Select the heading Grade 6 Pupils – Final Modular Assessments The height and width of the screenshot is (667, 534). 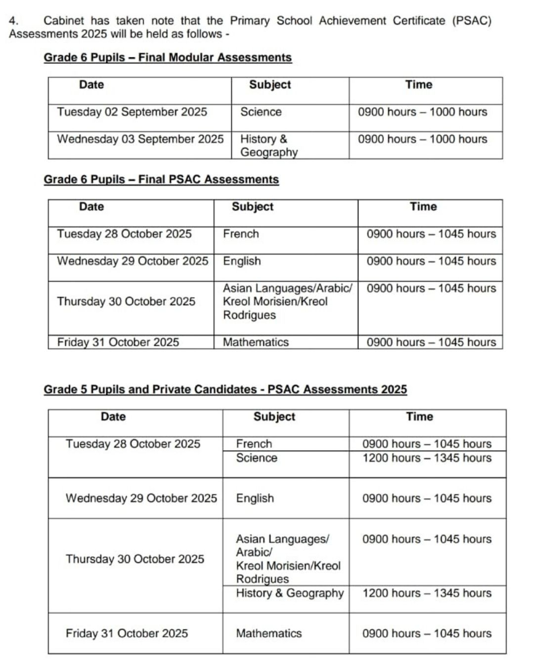pos(168,57)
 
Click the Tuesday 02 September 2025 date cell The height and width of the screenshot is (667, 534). pos(132,112)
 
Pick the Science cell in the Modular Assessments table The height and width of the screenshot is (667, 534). pos(261,112)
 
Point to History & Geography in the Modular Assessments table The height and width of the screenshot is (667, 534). pos(268,145)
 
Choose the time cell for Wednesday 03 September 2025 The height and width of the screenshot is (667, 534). pos(422,139)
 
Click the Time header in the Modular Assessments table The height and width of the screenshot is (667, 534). pos(419,85)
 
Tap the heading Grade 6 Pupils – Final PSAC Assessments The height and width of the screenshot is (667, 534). pos(161,179)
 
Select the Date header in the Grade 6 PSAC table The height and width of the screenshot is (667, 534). pos(91,207)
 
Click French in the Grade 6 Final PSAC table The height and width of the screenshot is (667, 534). pos(241,234)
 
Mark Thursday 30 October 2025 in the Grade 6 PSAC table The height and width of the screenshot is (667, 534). pos(126,301)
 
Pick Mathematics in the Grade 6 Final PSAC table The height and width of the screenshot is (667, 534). pos(256,342)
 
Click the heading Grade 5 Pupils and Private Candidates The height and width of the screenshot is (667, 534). pos(225,389)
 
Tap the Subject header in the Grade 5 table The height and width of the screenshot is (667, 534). pos(274,417)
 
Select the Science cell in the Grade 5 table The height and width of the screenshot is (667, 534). pos(257,458)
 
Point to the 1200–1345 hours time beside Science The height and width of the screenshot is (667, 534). pos(427,458)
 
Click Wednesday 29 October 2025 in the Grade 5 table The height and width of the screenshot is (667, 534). pos(141,498)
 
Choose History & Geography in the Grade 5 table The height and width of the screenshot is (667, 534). pos(290,593)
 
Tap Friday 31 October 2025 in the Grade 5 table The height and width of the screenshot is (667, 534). pos(127,633)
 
